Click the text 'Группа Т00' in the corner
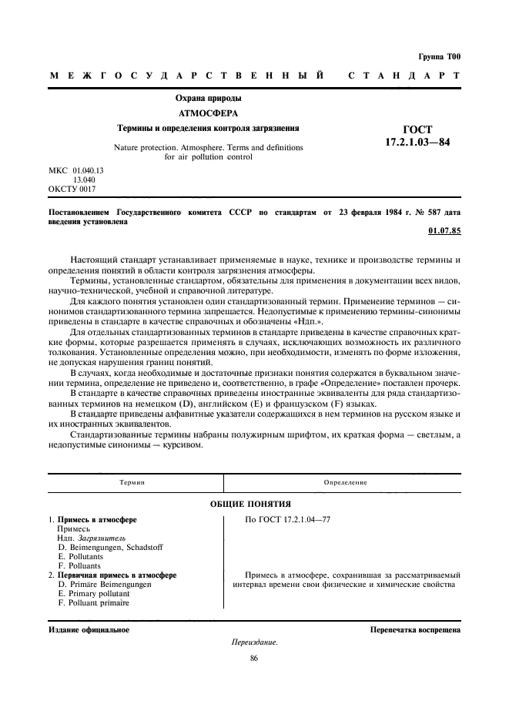point(440,56)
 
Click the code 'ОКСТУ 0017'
point(72,188)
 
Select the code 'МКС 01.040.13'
point(76,169)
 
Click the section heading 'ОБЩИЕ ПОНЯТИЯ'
point(254,503)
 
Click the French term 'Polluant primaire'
point(93,603)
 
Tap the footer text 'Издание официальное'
point(89,629)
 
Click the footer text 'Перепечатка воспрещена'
point(415,629)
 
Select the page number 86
point(254,658)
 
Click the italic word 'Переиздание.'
point(254,642)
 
